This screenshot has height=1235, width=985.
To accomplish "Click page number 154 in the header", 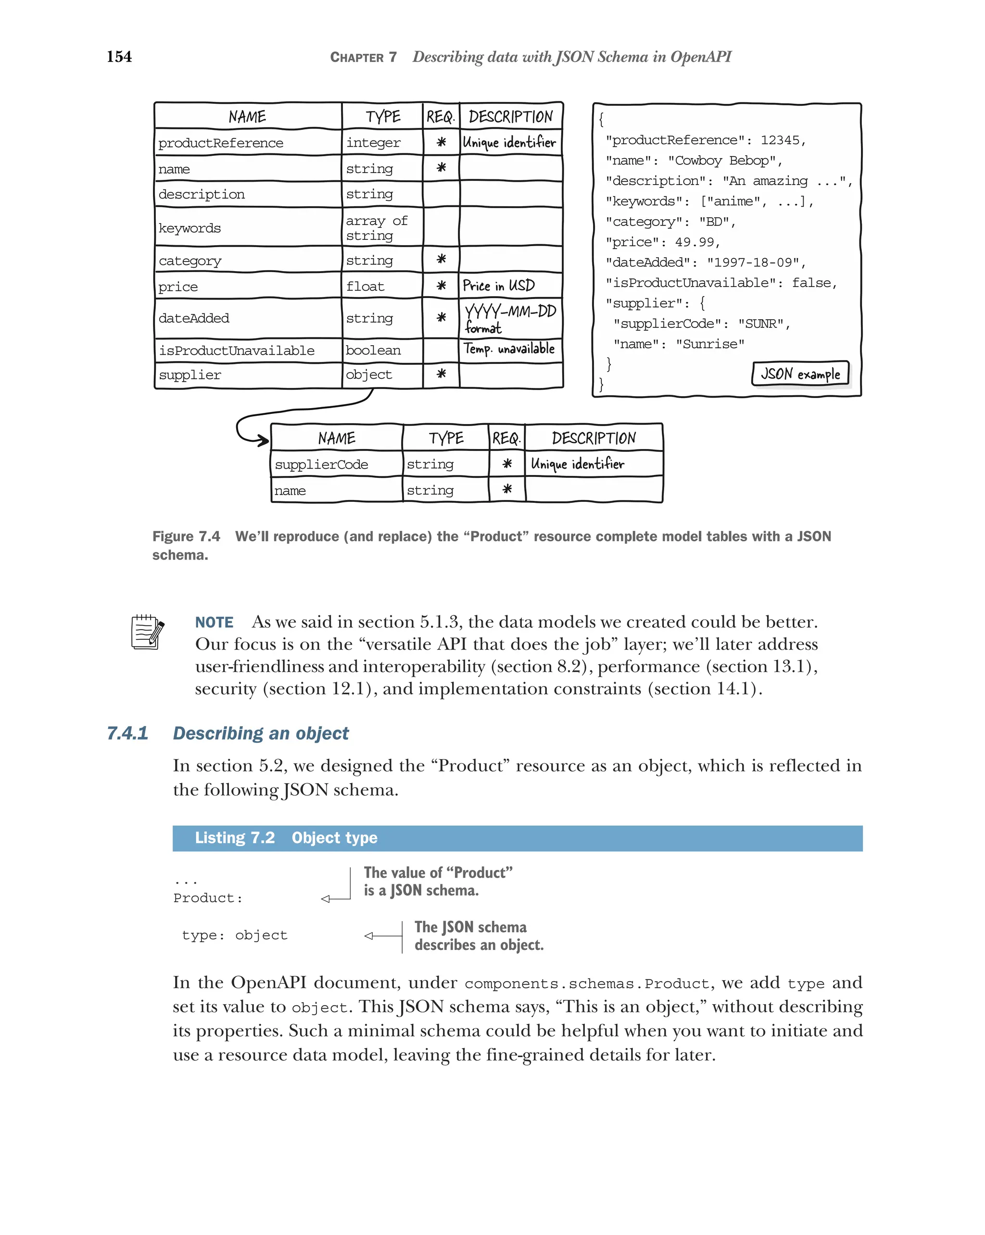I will pos(119,57).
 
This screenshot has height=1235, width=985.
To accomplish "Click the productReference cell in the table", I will pos(221,143).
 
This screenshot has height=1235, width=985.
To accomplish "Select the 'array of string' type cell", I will pos(377,228).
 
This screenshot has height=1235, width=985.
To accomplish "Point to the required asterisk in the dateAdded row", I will pos(441,317).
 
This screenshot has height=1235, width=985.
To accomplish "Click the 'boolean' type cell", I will pos(373,350).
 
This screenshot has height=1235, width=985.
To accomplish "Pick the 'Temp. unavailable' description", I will pos(509,349).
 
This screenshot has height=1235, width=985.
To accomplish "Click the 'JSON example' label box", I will pos(799,374).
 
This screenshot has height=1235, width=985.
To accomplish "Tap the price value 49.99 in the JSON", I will pos(694,242).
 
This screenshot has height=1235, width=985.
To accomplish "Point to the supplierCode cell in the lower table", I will pos(321,464).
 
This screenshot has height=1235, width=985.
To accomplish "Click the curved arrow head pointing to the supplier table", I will pos(263,440).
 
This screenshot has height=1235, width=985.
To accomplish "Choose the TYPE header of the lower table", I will pos(446,439).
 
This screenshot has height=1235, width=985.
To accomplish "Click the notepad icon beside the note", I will pos(147,632).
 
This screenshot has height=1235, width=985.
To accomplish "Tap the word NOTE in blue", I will pos(215,623).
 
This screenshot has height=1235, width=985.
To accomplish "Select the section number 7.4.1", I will pos(127,733).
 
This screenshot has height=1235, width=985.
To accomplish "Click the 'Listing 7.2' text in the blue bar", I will pos(234,838).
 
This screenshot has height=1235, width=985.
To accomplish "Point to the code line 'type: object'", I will pos(234,936).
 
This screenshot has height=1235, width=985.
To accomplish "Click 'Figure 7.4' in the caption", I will pos(186,536).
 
